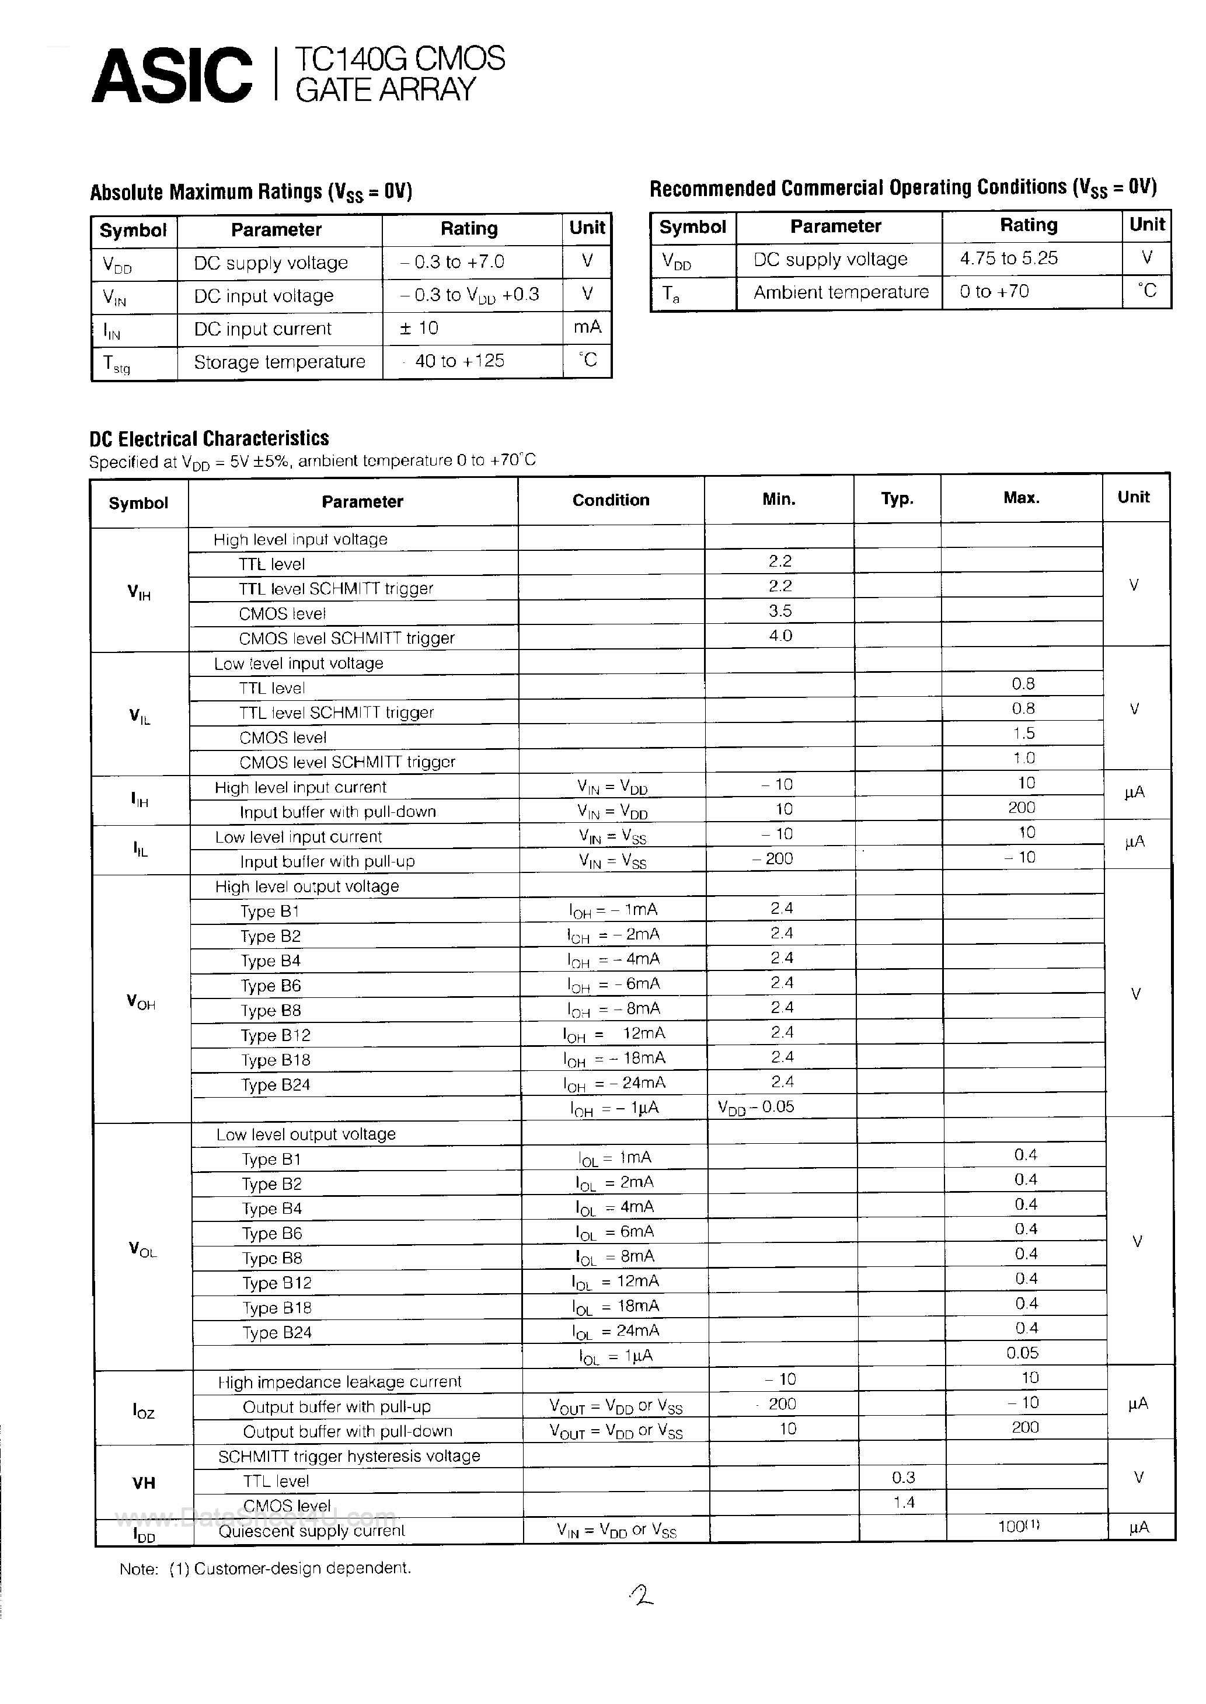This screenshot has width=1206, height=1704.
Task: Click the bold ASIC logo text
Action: coord(172,76)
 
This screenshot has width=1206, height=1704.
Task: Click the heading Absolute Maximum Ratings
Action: coord(250,192)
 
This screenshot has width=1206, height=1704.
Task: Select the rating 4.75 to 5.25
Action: coord(1009,259)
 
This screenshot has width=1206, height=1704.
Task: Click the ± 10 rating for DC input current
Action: coord(419,328)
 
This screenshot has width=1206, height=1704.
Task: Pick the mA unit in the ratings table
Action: coord(587,327)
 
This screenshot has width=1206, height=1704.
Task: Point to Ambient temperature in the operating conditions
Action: coord(841,292)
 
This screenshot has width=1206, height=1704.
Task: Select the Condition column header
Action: coord(611,500)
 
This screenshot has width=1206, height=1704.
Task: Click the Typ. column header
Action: coord(897,500)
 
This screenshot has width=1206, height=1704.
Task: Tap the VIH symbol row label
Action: coord(139,592)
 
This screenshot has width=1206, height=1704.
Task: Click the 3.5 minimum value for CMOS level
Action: coord(780,611)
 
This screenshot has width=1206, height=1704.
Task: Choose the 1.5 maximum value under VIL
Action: coord(1023,734)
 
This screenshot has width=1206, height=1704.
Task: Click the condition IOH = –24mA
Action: coord(614,1084)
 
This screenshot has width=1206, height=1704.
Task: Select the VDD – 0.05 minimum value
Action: coord(756,1107)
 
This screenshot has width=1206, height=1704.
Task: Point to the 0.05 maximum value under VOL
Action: coord(1023,1353)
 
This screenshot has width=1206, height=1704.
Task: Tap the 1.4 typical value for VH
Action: coord(904,1503)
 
